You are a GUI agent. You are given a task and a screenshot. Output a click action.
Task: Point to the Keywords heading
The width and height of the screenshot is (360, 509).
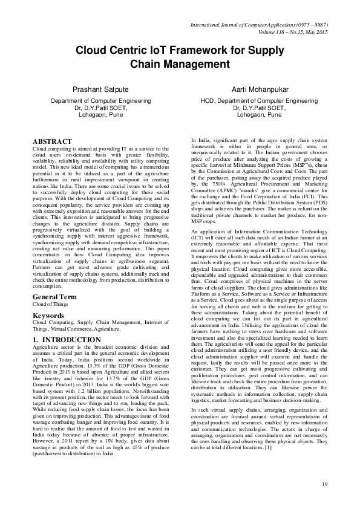48,316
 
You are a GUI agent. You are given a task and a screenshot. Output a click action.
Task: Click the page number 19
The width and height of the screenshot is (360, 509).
324,484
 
